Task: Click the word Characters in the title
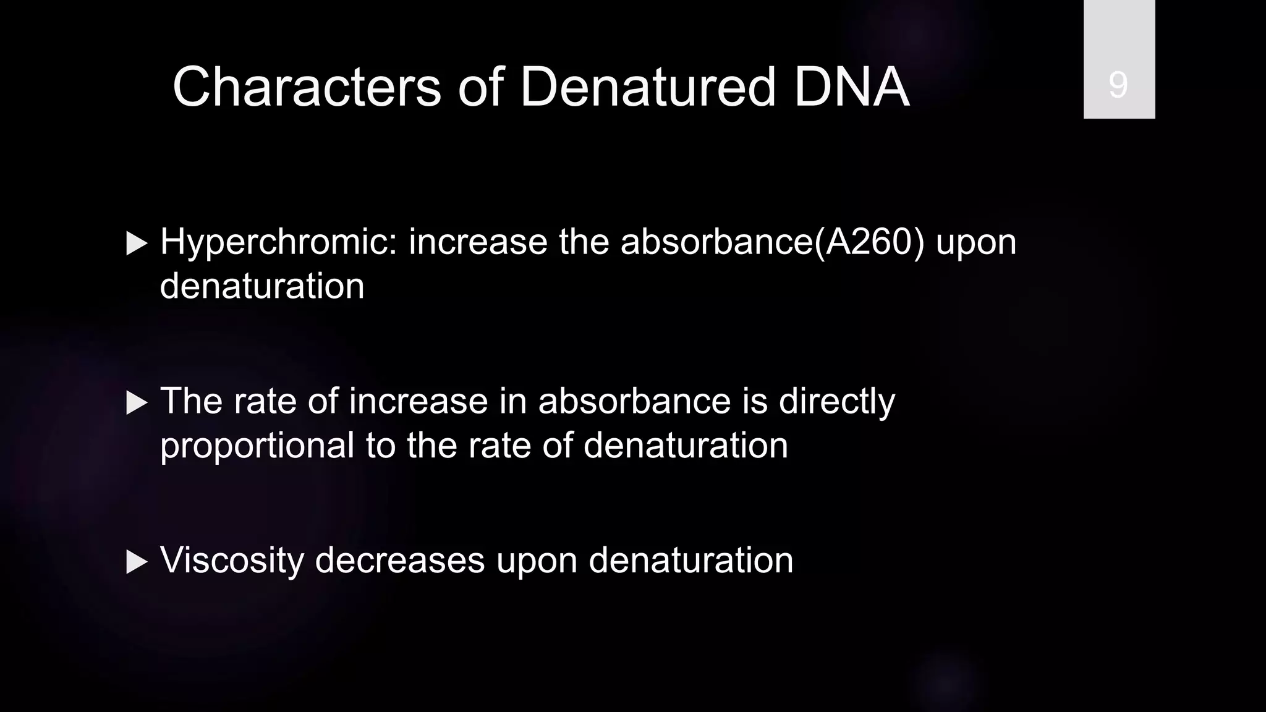click(x=307, y=87)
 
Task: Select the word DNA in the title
click(x=851, y=87)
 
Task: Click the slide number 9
click(x=1118, y=85)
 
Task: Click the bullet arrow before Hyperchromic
click(x=137, y=244)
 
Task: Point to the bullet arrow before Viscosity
click(x=137, y=562)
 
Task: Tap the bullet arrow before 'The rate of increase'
click(x=137, y=403)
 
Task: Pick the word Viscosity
click(x=232, y=561)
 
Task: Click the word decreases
click(x=399, y=561)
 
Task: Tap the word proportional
click(x=257, y=446)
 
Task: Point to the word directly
click(x=836, y=402)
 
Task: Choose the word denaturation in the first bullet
click(x=262, y=286)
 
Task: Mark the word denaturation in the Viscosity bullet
click(x=690, y=561)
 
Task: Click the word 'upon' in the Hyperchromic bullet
click(x=976, y=242)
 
